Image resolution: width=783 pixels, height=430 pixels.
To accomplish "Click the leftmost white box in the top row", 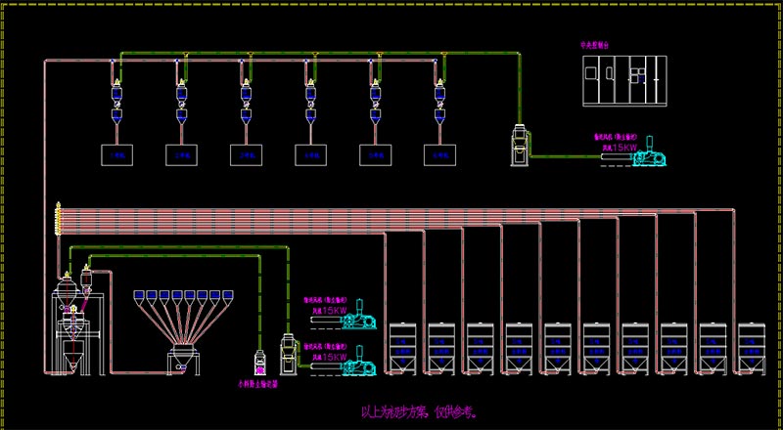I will (x=117, y=154).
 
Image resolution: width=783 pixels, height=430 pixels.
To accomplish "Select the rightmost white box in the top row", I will (x=440, y=154).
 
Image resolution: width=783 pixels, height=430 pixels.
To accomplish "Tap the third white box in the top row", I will (x=247, y=154).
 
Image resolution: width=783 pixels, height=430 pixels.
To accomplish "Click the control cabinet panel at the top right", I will (x=624, y=79).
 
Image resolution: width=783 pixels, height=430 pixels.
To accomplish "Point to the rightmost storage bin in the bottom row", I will (x=751, y=348).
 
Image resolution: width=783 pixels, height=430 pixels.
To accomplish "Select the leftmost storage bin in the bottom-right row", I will (x=401, y=348).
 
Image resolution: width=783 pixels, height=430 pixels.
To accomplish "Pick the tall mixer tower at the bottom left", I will (x=68, y=322).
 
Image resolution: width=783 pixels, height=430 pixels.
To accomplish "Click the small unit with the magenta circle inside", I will (x=260, y=364).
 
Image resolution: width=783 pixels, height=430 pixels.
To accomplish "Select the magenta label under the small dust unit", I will (x=258, y=385).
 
